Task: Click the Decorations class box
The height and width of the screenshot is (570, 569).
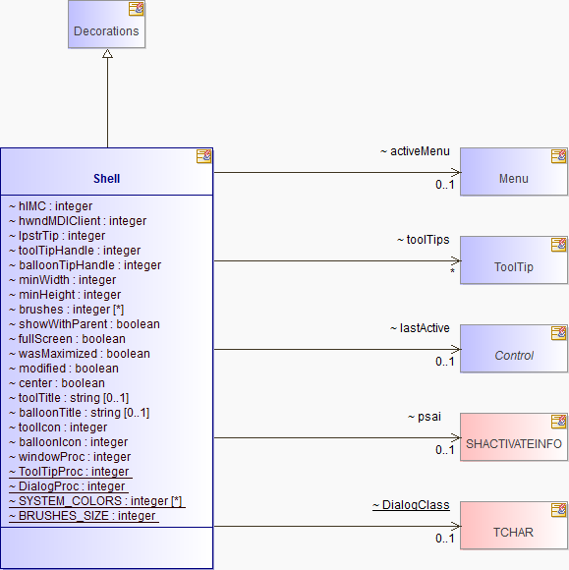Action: pos(106,24)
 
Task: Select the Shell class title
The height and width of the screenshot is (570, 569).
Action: pos(106,179)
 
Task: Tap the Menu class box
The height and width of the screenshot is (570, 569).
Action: pos(514,172)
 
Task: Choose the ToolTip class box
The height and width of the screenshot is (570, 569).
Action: pos(514,259)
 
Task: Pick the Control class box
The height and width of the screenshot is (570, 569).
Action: pos(514,349)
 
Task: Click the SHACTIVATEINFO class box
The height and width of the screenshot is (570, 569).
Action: pos(514,437)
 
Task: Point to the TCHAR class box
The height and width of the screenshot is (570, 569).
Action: pos(514,526)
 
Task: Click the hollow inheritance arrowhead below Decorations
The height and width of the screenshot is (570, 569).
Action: pos(108,54)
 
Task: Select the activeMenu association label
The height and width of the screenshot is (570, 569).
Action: pos(415,151)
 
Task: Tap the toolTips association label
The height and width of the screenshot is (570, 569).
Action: pos(424,240)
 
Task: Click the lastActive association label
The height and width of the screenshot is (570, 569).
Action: pos(420,328)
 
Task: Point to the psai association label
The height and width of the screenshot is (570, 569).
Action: pos(425,417)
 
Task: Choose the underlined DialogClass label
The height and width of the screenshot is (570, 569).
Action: pos(411,505)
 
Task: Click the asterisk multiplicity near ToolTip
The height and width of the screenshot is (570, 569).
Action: pos(452,271)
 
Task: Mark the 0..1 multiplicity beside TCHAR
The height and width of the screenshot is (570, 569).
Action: pos(445,539)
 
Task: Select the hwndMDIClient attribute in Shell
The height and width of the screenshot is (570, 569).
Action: pos(78,221)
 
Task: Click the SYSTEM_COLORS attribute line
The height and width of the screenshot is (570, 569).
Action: pos(95,501)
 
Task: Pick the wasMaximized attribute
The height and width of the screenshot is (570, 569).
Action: pos(80,354)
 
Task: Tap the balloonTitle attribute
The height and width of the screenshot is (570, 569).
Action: pos(79,413)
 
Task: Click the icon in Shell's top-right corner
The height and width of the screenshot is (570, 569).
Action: pos(203,156)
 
